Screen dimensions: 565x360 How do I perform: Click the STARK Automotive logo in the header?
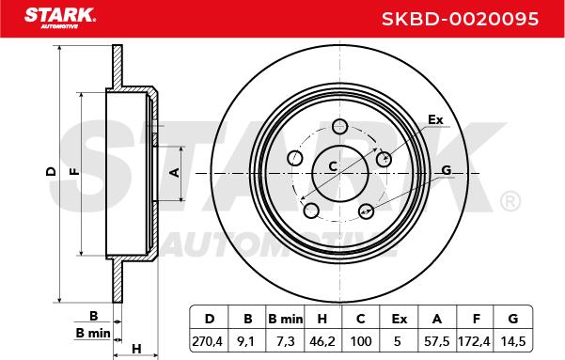coord(60,17)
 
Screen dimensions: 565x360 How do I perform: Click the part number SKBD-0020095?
coord(460,19)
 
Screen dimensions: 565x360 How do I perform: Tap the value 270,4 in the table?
coord(207,341)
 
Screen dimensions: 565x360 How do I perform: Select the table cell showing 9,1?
coord(247,341)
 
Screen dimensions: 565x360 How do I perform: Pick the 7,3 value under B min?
coord(286,341)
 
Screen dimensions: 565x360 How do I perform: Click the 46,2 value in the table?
coord(322,341)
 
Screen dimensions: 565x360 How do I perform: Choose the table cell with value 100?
coord(361,341)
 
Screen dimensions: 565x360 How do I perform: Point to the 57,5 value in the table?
coord(437,341)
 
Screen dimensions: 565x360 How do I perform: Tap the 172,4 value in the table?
coord(474,341)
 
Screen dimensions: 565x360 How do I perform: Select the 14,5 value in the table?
coord(513,341)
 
